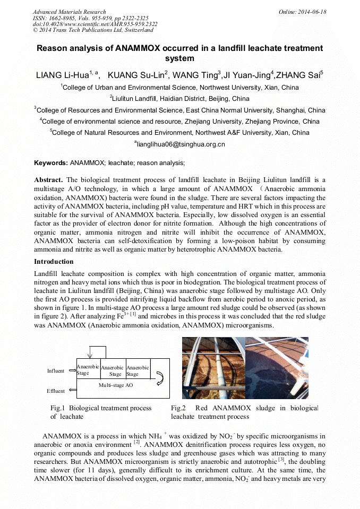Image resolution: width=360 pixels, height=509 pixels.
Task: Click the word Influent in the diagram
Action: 56,371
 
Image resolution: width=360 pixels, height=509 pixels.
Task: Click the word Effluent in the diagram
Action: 56,391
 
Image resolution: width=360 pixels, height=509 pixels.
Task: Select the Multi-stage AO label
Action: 116,385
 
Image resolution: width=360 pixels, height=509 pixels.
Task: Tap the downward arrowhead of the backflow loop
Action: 91,357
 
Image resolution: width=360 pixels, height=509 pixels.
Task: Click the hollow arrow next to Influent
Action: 72,371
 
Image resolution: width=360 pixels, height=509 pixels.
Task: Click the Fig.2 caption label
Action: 178,408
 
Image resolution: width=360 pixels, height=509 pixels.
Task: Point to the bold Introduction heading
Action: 54,262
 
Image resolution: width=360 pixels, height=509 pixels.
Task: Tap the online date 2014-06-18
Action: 313,12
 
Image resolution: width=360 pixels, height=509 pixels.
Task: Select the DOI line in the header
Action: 95,24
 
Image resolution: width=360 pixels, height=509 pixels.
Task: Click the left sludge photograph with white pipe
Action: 212,367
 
